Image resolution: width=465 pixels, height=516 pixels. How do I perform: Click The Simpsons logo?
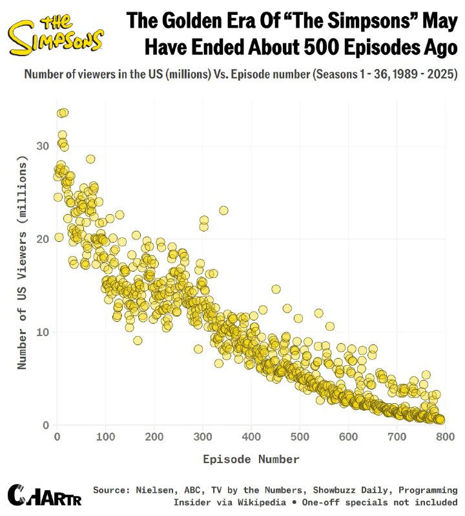tap(56, 36)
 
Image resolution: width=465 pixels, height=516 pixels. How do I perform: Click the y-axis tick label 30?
tap(43, 146)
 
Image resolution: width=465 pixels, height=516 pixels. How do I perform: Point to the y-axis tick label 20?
tap(43, 239)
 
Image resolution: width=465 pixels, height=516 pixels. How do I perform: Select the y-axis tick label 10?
tap(43, 332)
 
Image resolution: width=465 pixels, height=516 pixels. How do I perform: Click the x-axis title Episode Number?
tap(251, 459)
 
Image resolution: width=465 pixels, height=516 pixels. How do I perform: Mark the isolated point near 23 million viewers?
tap(223, 210)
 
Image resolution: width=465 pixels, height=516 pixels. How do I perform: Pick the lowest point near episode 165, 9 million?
tap(138, 341)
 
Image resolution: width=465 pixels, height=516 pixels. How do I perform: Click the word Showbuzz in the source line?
tap(314, 490)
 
